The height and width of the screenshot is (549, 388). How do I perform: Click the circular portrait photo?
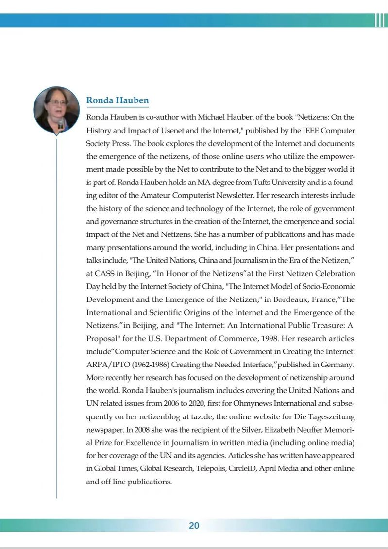pos(56,110)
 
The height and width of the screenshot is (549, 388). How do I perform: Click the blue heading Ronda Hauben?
pos(118,100)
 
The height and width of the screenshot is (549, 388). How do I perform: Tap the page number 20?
pos(194,526)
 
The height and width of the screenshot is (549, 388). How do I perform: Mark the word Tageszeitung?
pos(330,416)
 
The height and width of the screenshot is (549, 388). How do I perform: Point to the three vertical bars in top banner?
pos(380,20)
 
